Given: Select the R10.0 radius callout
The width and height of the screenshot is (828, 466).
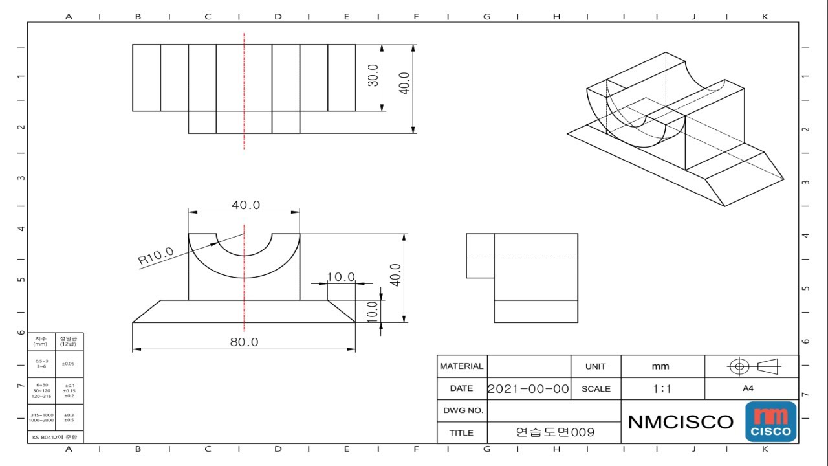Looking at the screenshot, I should [x=156, y=256].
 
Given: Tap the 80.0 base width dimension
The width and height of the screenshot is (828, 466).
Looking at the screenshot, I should [x=244, y=342].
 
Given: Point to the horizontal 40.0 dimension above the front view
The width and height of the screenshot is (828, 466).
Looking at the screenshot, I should [x=246, y=205].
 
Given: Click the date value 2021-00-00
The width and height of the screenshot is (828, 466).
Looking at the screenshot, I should [x=528, y=389].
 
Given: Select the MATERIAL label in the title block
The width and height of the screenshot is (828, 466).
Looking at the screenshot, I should [x=461, y=366].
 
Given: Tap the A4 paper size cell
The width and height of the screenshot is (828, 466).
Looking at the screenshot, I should [x=748, y=389].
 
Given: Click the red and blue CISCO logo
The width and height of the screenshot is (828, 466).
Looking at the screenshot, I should [x=770, y=422].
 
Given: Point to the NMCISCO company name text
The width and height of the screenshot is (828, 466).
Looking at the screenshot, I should [x=681, y=422].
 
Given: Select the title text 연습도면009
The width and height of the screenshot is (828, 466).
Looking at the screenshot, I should [x=554, y=432].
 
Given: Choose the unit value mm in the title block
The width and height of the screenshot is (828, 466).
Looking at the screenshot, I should [x=660, y=366].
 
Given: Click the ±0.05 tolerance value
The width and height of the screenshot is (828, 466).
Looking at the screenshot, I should [x=68, y=364].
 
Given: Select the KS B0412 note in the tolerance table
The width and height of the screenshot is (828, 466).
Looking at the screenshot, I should [x=55, y=438].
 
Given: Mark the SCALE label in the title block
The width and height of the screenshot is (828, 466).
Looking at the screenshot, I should [x=596, y=389].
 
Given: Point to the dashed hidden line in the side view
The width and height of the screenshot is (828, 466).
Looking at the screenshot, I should [x=521, y=256].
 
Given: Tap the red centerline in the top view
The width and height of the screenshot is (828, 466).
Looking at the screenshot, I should [x=244, y=91].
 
